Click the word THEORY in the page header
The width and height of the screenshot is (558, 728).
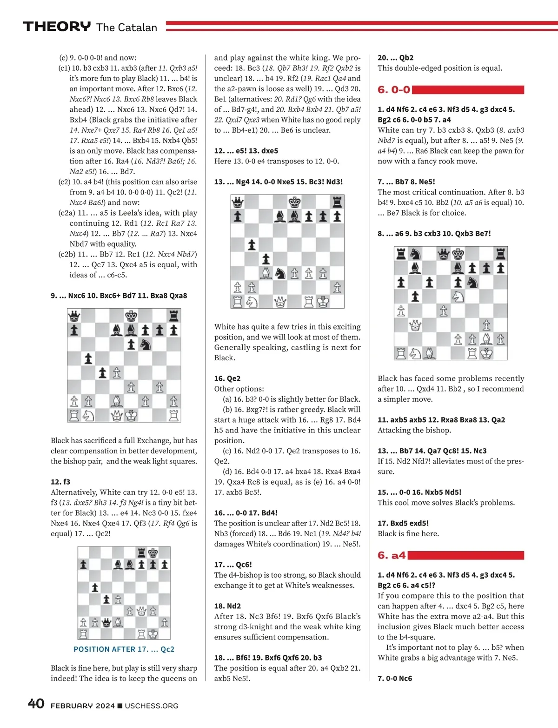57,27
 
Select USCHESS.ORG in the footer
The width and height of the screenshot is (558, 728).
152,706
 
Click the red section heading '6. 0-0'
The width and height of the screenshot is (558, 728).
394,89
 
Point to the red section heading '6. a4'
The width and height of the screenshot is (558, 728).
392,555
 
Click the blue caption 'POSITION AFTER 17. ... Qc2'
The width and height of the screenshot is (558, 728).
124,649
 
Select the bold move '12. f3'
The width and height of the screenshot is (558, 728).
60,482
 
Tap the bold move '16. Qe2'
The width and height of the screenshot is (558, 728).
227,378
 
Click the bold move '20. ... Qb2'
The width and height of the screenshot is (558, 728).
395,58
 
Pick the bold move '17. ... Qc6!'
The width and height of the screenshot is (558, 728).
233,565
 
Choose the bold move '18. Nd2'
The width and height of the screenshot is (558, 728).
227,606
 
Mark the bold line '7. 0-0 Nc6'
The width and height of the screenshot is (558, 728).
395,678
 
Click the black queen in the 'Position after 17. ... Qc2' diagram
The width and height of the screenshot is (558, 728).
106,622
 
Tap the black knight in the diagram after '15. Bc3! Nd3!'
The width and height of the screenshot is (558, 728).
280,274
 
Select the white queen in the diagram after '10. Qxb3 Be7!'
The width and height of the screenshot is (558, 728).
415,325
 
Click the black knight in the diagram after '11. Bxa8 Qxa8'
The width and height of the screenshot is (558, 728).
146,344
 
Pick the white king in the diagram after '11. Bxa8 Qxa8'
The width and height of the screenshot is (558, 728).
132,415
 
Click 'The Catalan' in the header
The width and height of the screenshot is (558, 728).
127,27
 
